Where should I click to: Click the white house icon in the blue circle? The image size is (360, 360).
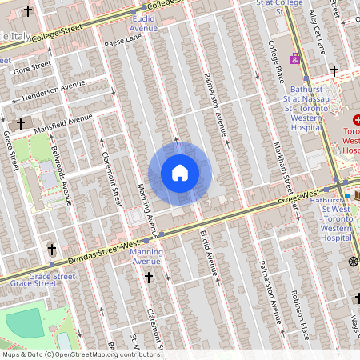[x=179, y=173]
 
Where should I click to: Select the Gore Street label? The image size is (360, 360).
[x=32, y=68]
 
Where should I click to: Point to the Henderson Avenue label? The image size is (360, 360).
[x=54, y=90]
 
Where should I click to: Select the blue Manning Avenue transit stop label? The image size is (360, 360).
[x=146, y=256]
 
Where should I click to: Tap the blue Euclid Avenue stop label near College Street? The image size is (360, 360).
[x=144, y=22]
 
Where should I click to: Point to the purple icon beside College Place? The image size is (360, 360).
[x=295, y=58]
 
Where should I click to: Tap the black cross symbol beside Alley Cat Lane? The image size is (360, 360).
[x=334, y=71]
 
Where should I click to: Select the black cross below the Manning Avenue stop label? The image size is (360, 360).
[x=148, y=277]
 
